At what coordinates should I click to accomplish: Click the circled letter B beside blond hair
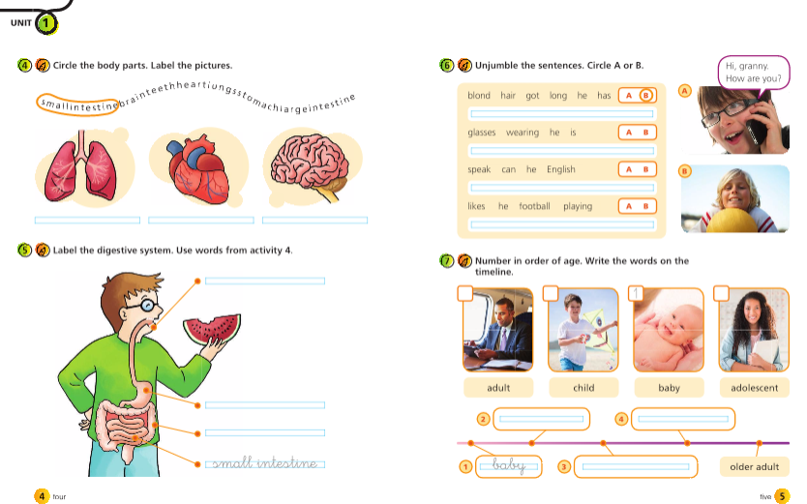pyautogui.click(x=646, y=96)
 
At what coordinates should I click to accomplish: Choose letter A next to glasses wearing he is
pyautogui.click(x=628, y=133)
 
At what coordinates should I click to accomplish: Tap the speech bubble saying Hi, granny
pyautogui.click(x=754, y=72)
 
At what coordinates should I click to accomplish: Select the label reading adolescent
pyautogui.click(x=754, y=388)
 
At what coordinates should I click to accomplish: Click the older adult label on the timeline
pyautogui.click(x=754, y=467)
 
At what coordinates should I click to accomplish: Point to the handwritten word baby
pyautogui.click(x=509, y=466)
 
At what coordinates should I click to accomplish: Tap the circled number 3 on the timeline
pyautogui.click(x=564, y=467)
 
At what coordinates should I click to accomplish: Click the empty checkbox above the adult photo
pyautogui.click(x=465, y=293)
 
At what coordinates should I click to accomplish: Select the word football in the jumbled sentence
pyautogui.click(x=533, y=206)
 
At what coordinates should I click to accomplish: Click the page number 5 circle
pyautogui.click(x=782, y=496)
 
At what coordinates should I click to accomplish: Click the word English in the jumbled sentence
pyautogui.click(x=560, y=169)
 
